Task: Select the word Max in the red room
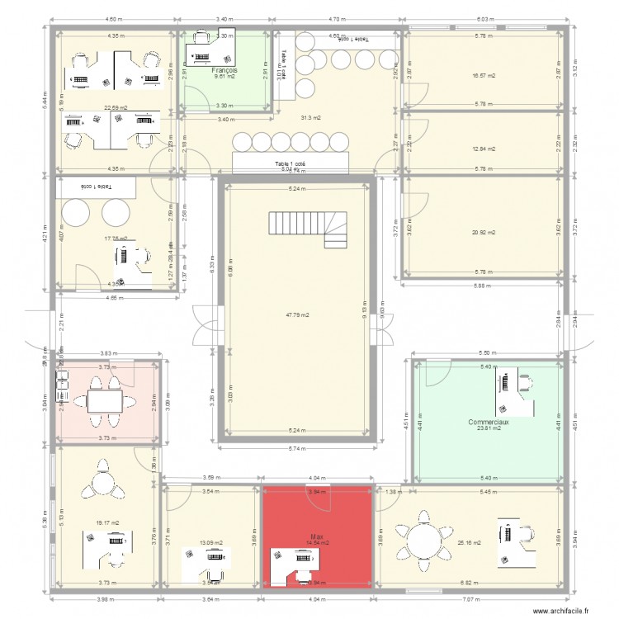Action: point(315,536)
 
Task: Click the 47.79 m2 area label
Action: point(297,314)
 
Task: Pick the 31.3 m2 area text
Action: point(311,118)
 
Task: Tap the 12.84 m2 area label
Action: point(484,149)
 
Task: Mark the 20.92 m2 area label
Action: point(484,232)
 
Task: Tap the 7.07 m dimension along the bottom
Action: point(480,600)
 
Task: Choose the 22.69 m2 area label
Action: point(115,106)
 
